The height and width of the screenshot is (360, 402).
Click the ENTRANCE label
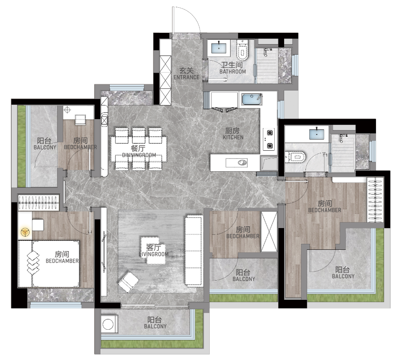[x=186, y=77]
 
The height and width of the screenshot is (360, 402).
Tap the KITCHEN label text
[x=233, y=138]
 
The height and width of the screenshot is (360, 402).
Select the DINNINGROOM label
[x=139, y=155]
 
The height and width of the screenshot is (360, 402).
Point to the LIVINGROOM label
[x=154, y=254]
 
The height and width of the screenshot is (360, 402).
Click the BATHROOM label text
[x=232, y=71]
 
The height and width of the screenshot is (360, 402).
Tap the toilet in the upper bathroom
[x=243, y=50]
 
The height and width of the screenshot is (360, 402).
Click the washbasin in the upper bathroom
[x=219, y=48]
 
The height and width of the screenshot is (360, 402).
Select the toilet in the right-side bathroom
[x=295, y=157]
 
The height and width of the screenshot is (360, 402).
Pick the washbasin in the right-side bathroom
[x=317, y=134]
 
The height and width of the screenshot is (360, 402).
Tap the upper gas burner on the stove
[x=270, y=133]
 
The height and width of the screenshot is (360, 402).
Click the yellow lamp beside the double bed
[x=25, y=232]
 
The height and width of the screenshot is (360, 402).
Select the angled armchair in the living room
[x=129, y=282]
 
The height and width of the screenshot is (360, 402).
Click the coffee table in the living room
[x=154, y=250]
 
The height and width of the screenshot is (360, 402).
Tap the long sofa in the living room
[x=194, y=251]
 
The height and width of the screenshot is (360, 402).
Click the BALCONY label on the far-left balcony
[x=45, y=147]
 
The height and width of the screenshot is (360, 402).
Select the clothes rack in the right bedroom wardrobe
[x=376, y=200]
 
